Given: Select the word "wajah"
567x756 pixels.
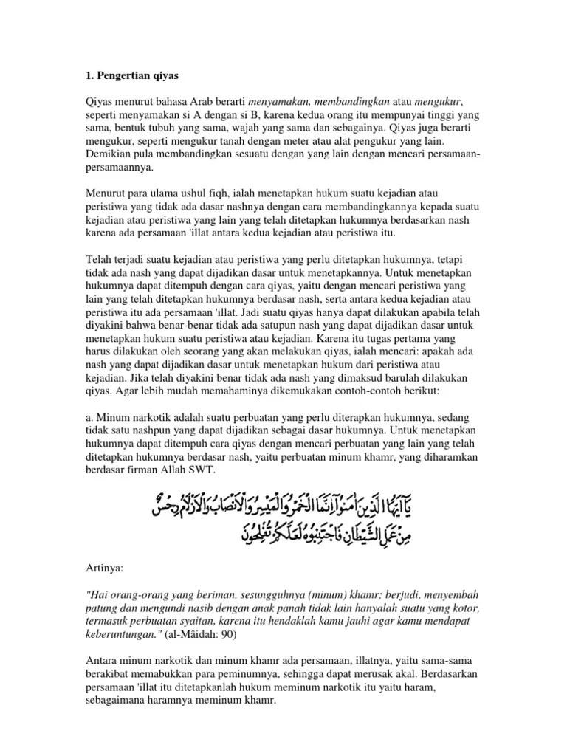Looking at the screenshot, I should pos(235,127).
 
